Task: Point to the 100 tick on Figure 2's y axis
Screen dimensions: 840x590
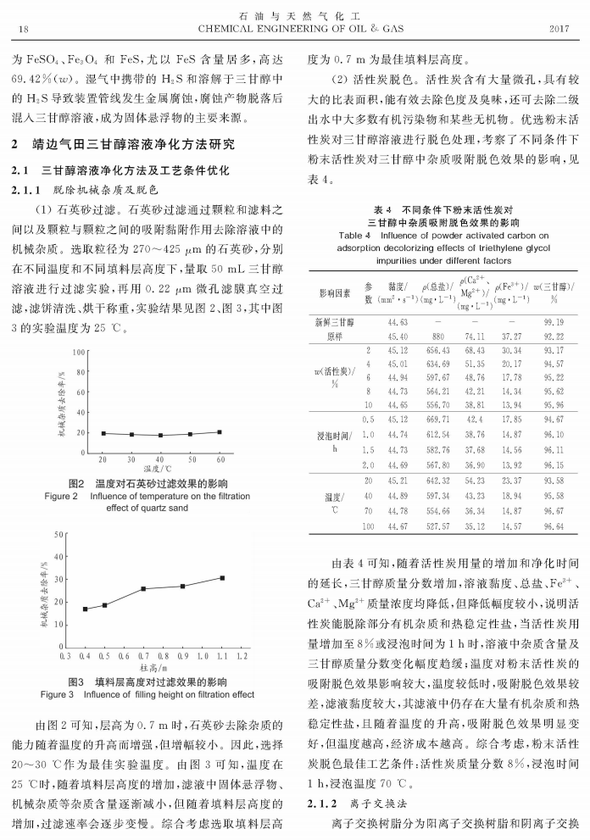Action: (x=79, y=351)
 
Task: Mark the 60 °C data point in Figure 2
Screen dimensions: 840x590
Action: (x=220, y=432)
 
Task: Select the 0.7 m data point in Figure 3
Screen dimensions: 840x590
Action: (x=143, y=588)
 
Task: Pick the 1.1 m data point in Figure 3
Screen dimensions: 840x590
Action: (x=222, y=578)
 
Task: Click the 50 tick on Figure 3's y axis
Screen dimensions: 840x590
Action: (x=59, y=535)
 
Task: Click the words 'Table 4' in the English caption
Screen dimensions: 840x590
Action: (x=356, y=235)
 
